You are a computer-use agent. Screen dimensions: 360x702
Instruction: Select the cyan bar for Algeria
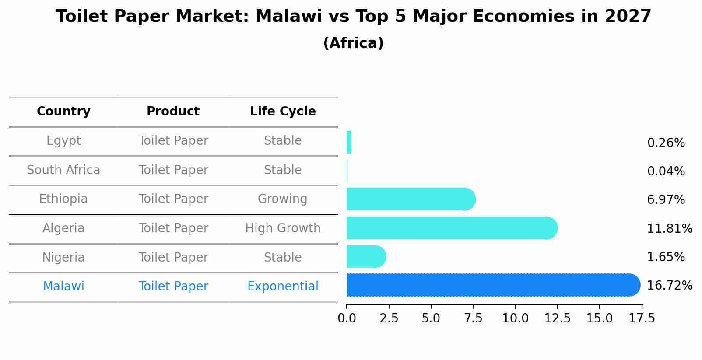click(x=451, y=228)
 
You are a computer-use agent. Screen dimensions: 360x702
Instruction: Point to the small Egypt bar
click(x=349, y=142)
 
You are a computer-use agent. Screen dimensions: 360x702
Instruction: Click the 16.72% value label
click(x=669, y=286)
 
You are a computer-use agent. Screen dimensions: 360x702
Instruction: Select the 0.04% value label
click(x=666, y=171)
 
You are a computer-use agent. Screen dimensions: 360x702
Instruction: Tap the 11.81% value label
click(x=669, y=228)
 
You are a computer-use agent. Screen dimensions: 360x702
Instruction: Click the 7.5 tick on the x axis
click(x=473, y=318)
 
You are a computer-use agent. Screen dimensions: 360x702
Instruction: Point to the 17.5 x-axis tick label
click(x=642, y=318)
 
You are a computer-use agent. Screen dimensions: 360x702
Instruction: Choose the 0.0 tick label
click(x=347, y=318)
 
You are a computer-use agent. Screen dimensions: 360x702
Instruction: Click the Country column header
click(x=63, y=112)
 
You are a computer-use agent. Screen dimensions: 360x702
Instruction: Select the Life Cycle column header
click(x=283, y=112)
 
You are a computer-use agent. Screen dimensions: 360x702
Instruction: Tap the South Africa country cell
click(x=63, y=170)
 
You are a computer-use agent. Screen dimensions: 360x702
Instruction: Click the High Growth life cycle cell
click(x=283, y=228)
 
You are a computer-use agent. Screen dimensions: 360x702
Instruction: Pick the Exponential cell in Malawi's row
click(x=283, y=287)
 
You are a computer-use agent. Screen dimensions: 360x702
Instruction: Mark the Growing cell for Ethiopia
click(x=283, y=199)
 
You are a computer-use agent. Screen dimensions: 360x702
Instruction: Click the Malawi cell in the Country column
click(x=63, y=287)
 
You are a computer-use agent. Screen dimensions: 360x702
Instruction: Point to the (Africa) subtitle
click(x=353, y=43)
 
